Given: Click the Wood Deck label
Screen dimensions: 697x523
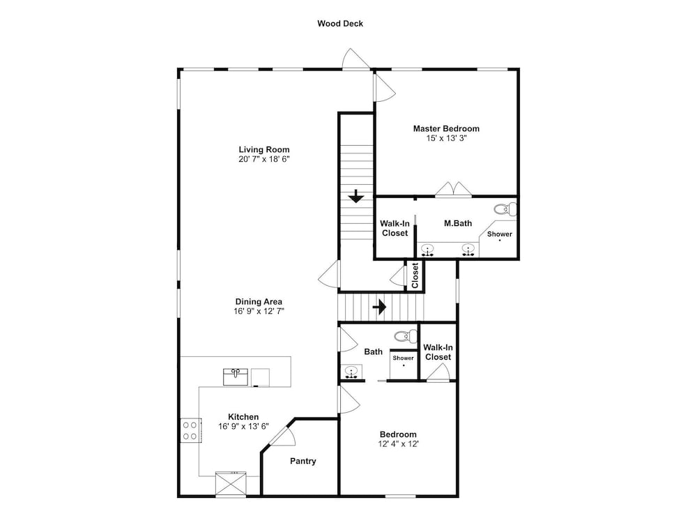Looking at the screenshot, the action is coord(340,24).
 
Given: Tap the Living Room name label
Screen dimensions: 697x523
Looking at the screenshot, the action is coord(264,150).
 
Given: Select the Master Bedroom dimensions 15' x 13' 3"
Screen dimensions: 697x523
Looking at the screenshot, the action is coord(446,138).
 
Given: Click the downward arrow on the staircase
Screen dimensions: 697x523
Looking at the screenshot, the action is coord(356,196).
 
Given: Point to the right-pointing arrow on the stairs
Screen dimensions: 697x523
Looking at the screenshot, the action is coord(379,307).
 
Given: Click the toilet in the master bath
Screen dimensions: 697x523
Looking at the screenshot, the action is coord(505,209).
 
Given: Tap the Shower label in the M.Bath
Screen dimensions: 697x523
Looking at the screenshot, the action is coord(500,234).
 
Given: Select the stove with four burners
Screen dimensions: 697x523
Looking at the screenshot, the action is coord(190,430).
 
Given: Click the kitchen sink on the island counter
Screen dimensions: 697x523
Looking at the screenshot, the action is coord(236,377).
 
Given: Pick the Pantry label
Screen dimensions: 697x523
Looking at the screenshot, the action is coord(303,461).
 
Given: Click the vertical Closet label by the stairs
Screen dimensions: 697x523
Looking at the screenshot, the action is coord(415,275).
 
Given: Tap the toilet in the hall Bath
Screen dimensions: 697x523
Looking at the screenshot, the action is coord(406,336).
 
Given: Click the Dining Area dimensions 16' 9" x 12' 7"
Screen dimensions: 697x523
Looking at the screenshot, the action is coord(259,311).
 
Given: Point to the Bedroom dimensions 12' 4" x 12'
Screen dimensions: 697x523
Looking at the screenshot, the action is coord(398,444).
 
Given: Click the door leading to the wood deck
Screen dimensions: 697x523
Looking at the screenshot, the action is coord(356,59).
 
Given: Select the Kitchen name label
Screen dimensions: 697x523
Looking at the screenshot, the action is coord(243,417).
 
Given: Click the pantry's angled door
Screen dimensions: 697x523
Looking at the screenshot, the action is coord(282,434).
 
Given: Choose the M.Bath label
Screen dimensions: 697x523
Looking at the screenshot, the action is coord(458,223).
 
